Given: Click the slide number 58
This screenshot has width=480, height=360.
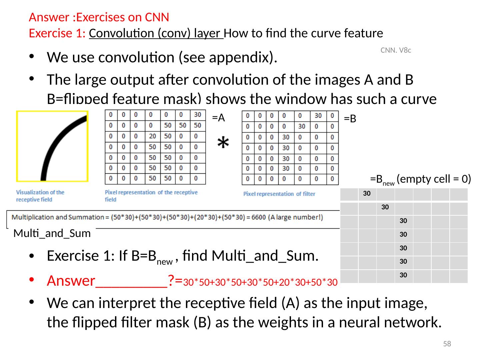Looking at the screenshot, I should coord(447,344).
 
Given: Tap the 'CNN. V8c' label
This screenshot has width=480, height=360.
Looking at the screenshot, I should coord(396,50).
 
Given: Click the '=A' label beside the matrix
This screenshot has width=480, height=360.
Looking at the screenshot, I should coord(219,117).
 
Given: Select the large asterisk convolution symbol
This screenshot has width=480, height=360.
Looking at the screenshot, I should coord(223,143).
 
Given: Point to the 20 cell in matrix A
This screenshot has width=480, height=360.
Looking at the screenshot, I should coord(152,136).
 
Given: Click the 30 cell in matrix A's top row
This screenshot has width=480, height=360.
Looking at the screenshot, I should coord(197,115).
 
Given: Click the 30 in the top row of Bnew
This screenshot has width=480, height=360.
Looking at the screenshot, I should coord(367,194).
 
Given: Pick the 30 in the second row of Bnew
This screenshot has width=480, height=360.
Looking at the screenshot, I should coord(385,207).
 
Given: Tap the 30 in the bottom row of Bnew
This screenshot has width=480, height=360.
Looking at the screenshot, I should coord(403,275).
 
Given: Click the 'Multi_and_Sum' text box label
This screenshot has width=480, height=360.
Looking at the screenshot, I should coord(52,234).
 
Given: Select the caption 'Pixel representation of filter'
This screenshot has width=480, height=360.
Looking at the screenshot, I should coord(279,194).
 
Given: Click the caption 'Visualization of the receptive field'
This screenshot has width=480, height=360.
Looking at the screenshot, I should coord(40,196).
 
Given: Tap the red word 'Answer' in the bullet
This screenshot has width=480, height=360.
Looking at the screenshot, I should coord(71,281).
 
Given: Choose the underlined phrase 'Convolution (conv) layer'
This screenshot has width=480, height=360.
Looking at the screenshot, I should coord(156,33).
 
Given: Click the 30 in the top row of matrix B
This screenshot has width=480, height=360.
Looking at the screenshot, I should coord(318,116).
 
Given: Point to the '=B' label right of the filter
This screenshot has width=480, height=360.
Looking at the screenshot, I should coord(350,119).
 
